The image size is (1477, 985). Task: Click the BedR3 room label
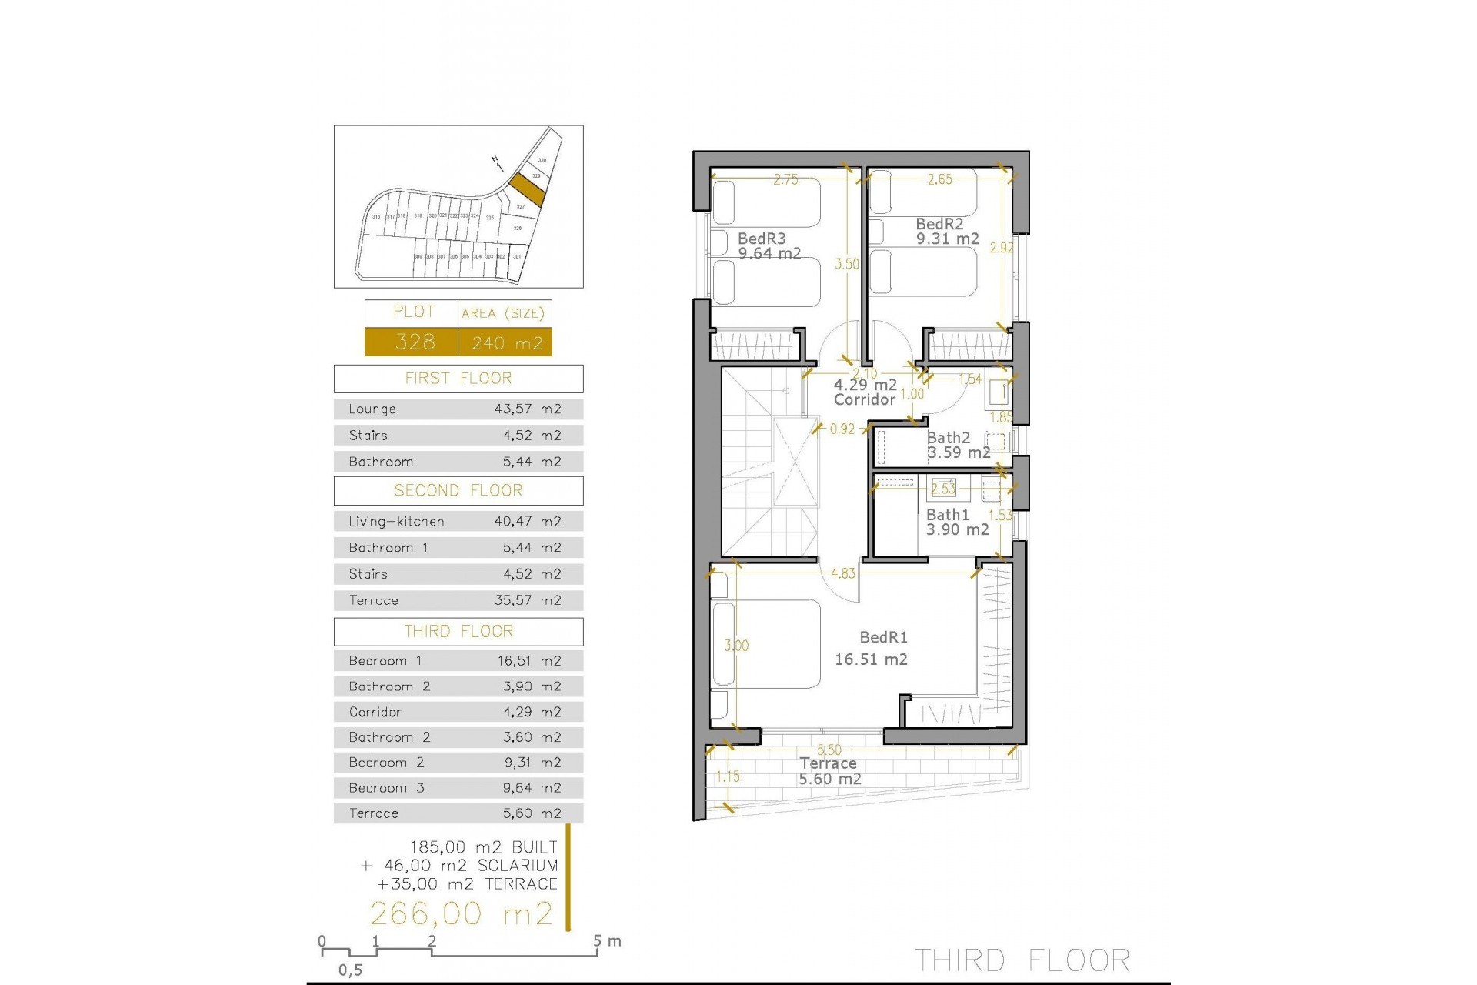point(762,239)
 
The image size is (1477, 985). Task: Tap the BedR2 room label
point(939,224)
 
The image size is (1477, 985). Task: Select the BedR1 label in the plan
point(883,637)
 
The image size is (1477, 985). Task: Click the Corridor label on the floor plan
point(865,399)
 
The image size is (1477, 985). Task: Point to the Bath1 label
point(948,514)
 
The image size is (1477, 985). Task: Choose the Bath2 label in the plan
point(949,438)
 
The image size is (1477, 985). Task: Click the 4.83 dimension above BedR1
point(843,573)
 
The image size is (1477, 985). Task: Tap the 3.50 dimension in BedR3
point(847,264)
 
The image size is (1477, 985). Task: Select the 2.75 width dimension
point(785,179)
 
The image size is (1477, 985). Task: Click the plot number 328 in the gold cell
point(415,342)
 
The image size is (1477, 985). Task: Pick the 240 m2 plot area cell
point(507,342)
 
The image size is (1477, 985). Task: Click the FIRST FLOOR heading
point(458,379)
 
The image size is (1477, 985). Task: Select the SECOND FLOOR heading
point(458,491)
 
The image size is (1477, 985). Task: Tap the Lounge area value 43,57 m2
point(528,409)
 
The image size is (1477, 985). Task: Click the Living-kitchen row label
point(396,522)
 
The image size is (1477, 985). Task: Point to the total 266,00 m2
point(462,914)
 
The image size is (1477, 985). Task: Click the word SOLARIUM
point(518,866)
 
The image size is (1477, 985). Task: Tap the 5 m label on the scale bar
point(607,940)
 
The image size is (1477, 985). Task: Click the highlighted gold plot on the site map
point(527,189)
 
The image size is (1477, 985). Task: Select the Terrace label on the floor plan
point(828,763)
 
